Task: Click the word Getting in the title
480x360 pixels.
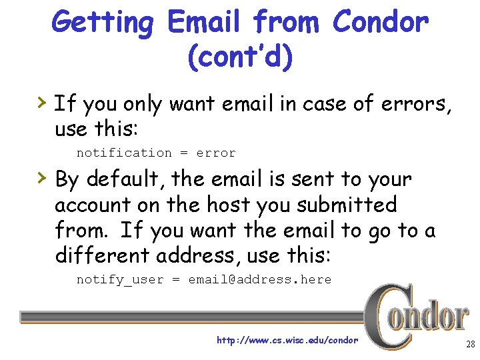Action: point(103,23)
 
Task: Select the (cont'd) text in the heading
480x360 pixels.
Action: point(241,56)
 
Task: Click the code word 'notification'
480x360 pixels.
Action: point(124,153)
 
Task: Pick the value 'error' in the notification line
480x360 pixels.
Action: point(216,153)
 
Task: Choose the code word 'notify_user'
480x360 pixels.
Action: point(120,280)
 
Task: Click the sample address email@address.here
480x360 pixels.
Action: point(259,279)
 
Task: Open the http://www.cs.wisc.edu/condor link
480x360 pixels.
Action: point(287,340)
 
